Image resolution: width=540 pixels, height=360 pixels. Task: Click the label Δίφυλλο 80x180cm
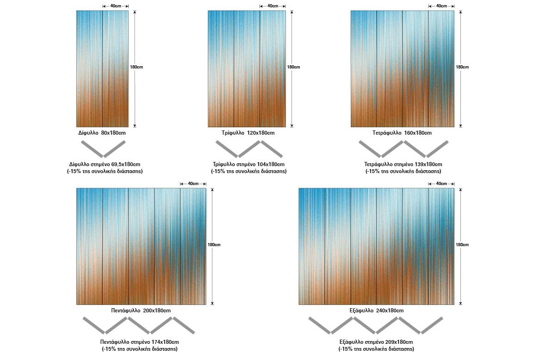[102, 133]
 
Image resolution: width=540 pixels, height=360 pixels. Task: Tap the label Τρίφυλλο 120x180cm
[248, 133]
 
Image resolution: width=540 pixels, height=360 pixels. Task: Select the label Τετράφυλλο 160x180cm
[402, 133]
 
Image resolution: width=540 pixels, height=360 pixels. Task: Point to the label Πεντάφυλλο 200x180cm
[141, 310]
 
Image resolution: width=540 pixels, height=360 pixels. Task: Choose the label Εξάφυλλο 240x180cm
[376, 310]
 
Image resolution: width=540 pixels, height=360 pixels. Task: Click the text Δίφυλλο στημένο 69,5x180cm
[105, 164]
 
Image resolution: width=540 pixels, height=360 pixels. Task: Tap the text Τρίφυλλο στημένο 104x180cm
[248, 164]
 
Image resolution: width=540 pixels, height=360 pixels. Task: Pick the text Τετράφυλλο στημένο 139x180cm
[403, 164]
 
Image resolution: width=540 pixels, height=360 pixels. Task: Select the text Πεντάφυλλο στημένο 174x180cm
[140, 342]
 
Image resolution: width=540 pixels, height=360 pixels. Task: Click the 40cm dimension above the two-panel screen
[115, 6]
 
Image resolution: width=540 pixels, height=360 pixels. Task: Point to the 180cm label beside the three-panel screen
[293, 67]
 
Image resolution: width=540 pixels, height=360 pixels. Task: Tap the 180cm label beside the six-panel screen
[462, 245]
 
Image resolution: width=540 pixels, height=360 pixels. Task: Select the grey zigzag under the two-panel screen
[103, 149]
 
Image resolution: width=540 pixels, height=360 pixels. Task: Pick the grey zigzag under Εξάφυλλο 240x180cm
[375, 325]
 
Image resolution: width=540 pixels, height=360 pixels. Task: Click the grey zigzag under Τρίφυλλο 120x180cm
[249, 149]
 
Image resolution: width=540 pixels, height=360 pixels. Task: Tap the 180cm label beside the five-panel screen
[214, 245]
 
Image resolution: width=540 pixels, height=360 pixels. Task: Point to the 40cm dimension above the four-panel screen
[441, 6]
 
